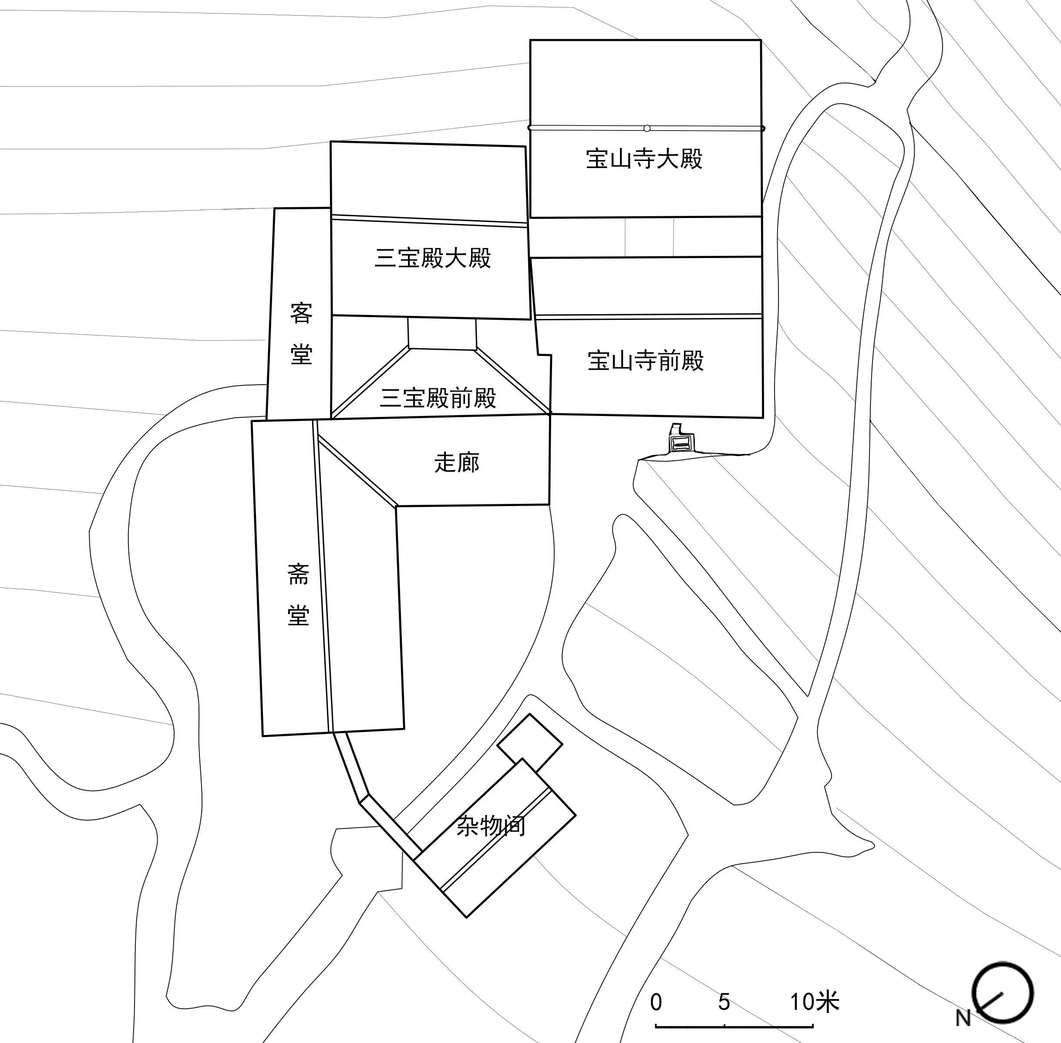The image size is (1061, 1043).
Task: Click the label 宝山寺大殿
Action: pos(644,159)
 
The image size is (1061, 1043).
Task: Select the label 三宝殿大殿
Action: pos(433,258)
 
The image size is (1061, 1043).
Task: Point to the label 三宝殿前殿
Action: pos(438,398)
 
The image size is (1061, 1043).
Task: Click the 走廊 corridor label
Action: pos(457,463)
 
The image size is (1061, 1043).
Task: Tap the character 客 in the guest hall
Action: pos(301,313)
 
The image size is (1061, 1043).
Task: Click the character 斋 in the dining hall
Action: pos(299,574)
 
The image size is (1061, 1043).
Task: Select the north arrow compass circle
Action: pos(1002,993)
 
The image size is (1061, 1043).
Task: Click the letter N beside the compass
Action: pos(963,1018)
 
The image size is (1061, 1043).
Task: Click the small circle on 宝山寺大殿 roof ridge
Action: pos(647,128)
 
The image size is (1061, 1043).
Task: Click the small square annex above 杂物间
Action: pos(529,743)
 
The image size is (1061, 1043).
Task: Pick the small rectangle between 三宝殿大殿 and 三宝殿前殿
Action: pos(442,333)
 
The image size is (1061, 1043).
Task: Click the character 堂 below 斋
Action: pos(299,615)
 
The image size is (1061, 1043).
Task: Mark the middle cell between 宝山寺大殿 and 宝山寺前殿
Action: pos(650,237)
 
